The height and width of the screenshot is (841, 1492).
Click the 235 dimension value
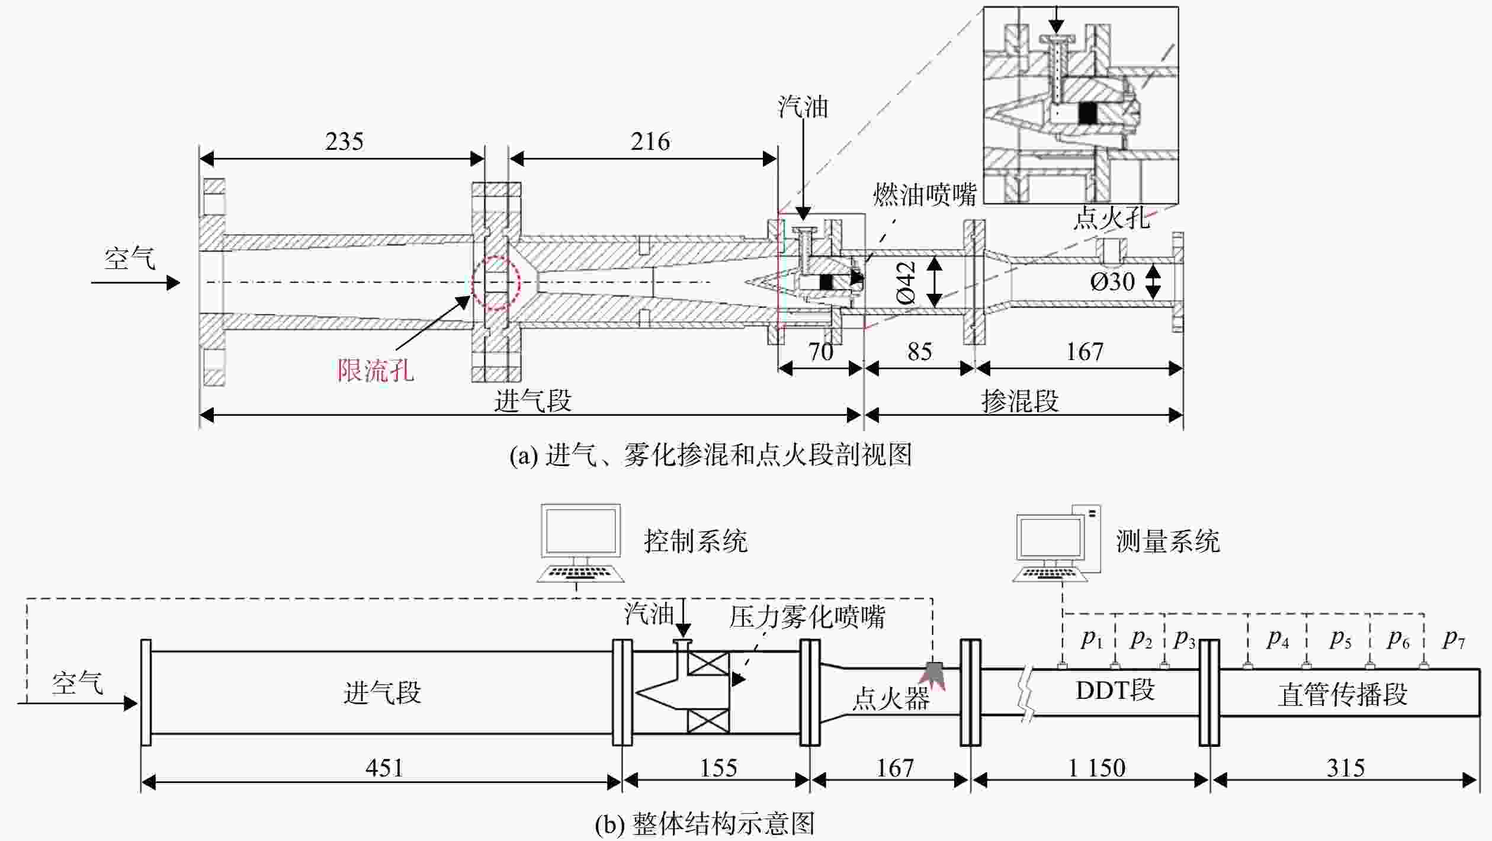click(x=344, y=142)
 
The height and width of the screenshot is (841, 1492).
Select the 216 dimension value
click(x=650, y=142)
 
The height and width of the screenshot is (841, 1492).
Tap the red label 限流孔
click(x=376, y=371)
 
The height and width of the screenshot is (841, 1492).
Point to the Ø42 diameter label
click(x=906, y=283)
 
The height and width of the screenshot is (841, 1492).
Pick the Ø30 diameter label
click(x=1112, y=282)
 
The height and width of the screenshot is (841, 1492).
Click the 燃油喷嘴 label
click(x=925, y=194)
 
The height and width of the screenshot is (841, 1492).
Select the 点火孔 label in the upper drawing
click(x=1112, y=218)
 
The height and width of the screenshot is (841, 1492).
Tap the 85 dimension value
click(x=920, y=352)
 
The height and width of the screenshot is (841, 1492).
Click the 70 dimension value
click(x=821, y=352)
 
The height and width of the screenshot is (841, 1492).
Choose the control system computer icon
click(x=580, y=543)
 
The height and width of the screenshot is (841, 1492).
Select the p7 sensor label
click(x=1454, y=638)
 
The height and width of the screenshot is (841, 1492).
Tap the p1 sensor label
click(x=1092, y=638)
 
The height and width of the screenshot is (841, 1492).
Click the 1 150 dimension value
click(x=1097, y=768)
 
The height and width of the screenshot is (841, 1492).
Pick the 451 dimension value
click(x=384, y=768)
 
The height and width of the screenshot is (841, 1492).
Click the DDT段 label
click(x=1115, y=691)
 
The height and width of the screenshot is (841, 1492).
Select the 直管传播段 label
click(x=1342, y=695)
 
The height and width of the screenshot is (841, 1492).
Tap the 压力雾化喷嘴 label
click(x=807, y=617)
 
